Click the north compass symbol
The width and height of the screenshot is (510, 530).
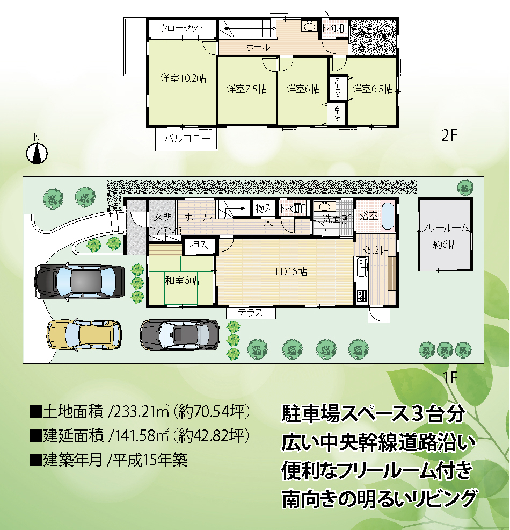(x=37, y=153)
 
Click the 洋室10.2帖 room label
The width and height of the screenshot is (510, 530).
(x=183, y=78)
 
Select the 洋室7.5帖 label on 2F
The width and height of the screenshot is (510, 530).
(x=247, y=89)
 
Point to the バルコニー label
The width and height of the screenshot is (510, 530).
(x=187, y=138)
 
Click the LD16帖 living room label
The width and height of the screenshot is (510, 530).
(x=292, y=272)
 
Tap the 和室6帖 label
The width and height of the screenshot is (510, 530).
(x=182, y=280)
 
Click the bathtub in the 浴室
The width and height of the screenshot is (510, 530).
(x=388, y=216)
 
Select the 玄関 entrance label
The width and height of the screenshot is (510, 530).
(x=163, y=217)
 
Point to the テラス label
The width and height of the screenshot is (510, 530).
(x=251, y=313)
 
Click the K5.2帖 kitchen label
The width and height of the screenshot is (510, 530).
(x=375, y=250)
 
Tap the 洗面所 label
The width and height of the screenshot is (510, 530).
(x=336, y=219)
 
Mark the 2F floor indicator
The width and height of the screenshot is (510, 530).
(x=449, y=135)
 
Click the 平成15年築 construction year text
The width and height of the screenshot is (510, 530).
(x=150, y=460)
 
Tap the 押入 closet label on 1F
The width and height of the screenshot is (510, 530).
(x=200, y=245)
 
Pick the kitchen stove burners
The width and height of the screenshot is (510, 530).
(x=362, y=296)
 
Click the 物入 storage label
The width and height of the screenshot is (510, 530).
(x=264, y=208)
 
